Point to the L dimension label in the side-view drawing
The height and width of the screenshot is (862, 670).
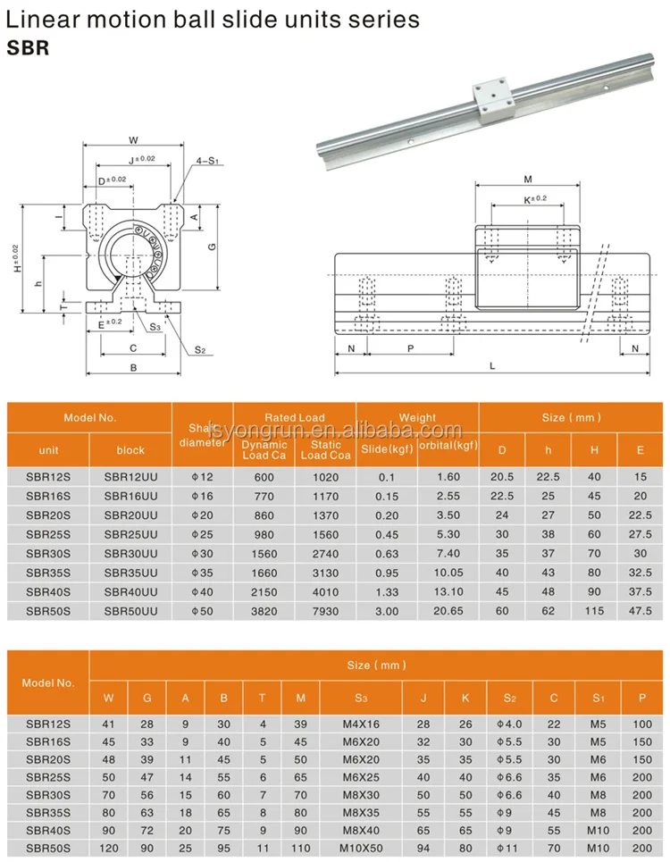coord(492,366)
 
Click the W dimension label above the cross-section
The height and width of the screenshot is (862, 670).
coord(132,139)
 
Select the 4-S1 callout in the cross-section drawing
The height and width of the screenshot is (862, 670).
coord(207,161)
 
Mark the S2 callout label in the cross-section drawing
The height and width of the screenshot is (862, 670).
coord(200,350)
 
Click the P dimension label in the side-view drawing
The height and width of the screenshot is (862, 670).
coord(410,348)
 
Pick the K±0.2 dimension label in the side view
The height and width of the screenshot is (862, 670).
coord(534,198)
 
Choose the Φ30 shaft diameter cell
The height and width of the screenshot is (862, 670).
coord(202,554)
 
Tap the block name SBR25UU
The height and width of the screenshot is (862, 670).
coord(130,534)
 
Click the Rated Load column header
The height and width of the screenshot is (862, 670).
coord(294,417)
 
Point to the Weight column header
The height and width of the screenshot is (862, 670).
coord(417,417)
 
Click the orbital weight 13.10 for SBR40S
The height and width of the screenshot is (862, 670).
coord(448,591)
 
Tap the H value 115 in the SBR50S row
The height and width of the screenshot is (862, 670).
coord(594,610)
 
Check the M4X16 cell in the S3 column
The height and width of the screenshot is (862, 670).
coord(360,723)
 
